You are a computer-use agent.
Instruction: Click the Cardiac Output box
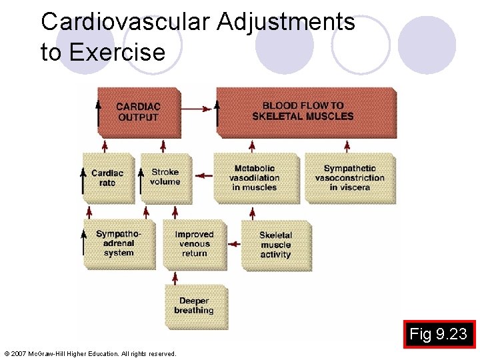tap(138, 112)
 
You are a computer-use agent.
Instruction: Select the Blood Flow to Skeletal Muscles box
tap(307, 111)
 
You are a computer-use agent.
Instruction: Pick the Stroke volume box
tap(165, 177)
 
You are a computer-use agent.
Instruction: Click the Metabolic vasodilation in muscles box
tap(255, 178)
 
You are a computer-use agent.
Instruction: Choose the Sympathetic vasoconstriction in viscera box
tap(349, 178)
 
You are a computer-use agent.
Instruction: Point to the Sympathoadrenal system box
tap(119, 244)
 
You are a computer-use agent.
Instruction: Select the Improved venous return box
tap(194, 244)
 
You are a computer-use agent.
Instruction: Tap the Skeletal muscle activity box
tap(275, 245)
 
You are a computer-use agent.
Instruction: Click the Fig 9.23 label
tap(438, 334)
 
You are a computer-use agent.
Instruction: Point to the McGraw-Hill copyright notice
tap(90, 353)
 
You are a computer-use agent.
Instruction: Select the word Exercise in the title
tap(117, 52)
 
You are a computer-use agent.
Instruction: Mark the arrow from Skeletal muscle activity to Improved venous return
tap(233, 244)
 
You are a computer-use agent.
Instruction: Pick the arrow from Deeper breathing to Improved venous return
tap(175, 277)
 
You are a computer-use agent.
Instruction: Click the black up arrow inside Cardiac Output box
tap(99, 112)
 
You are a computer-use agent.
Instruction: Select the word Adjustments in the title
tap(285, 22)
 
